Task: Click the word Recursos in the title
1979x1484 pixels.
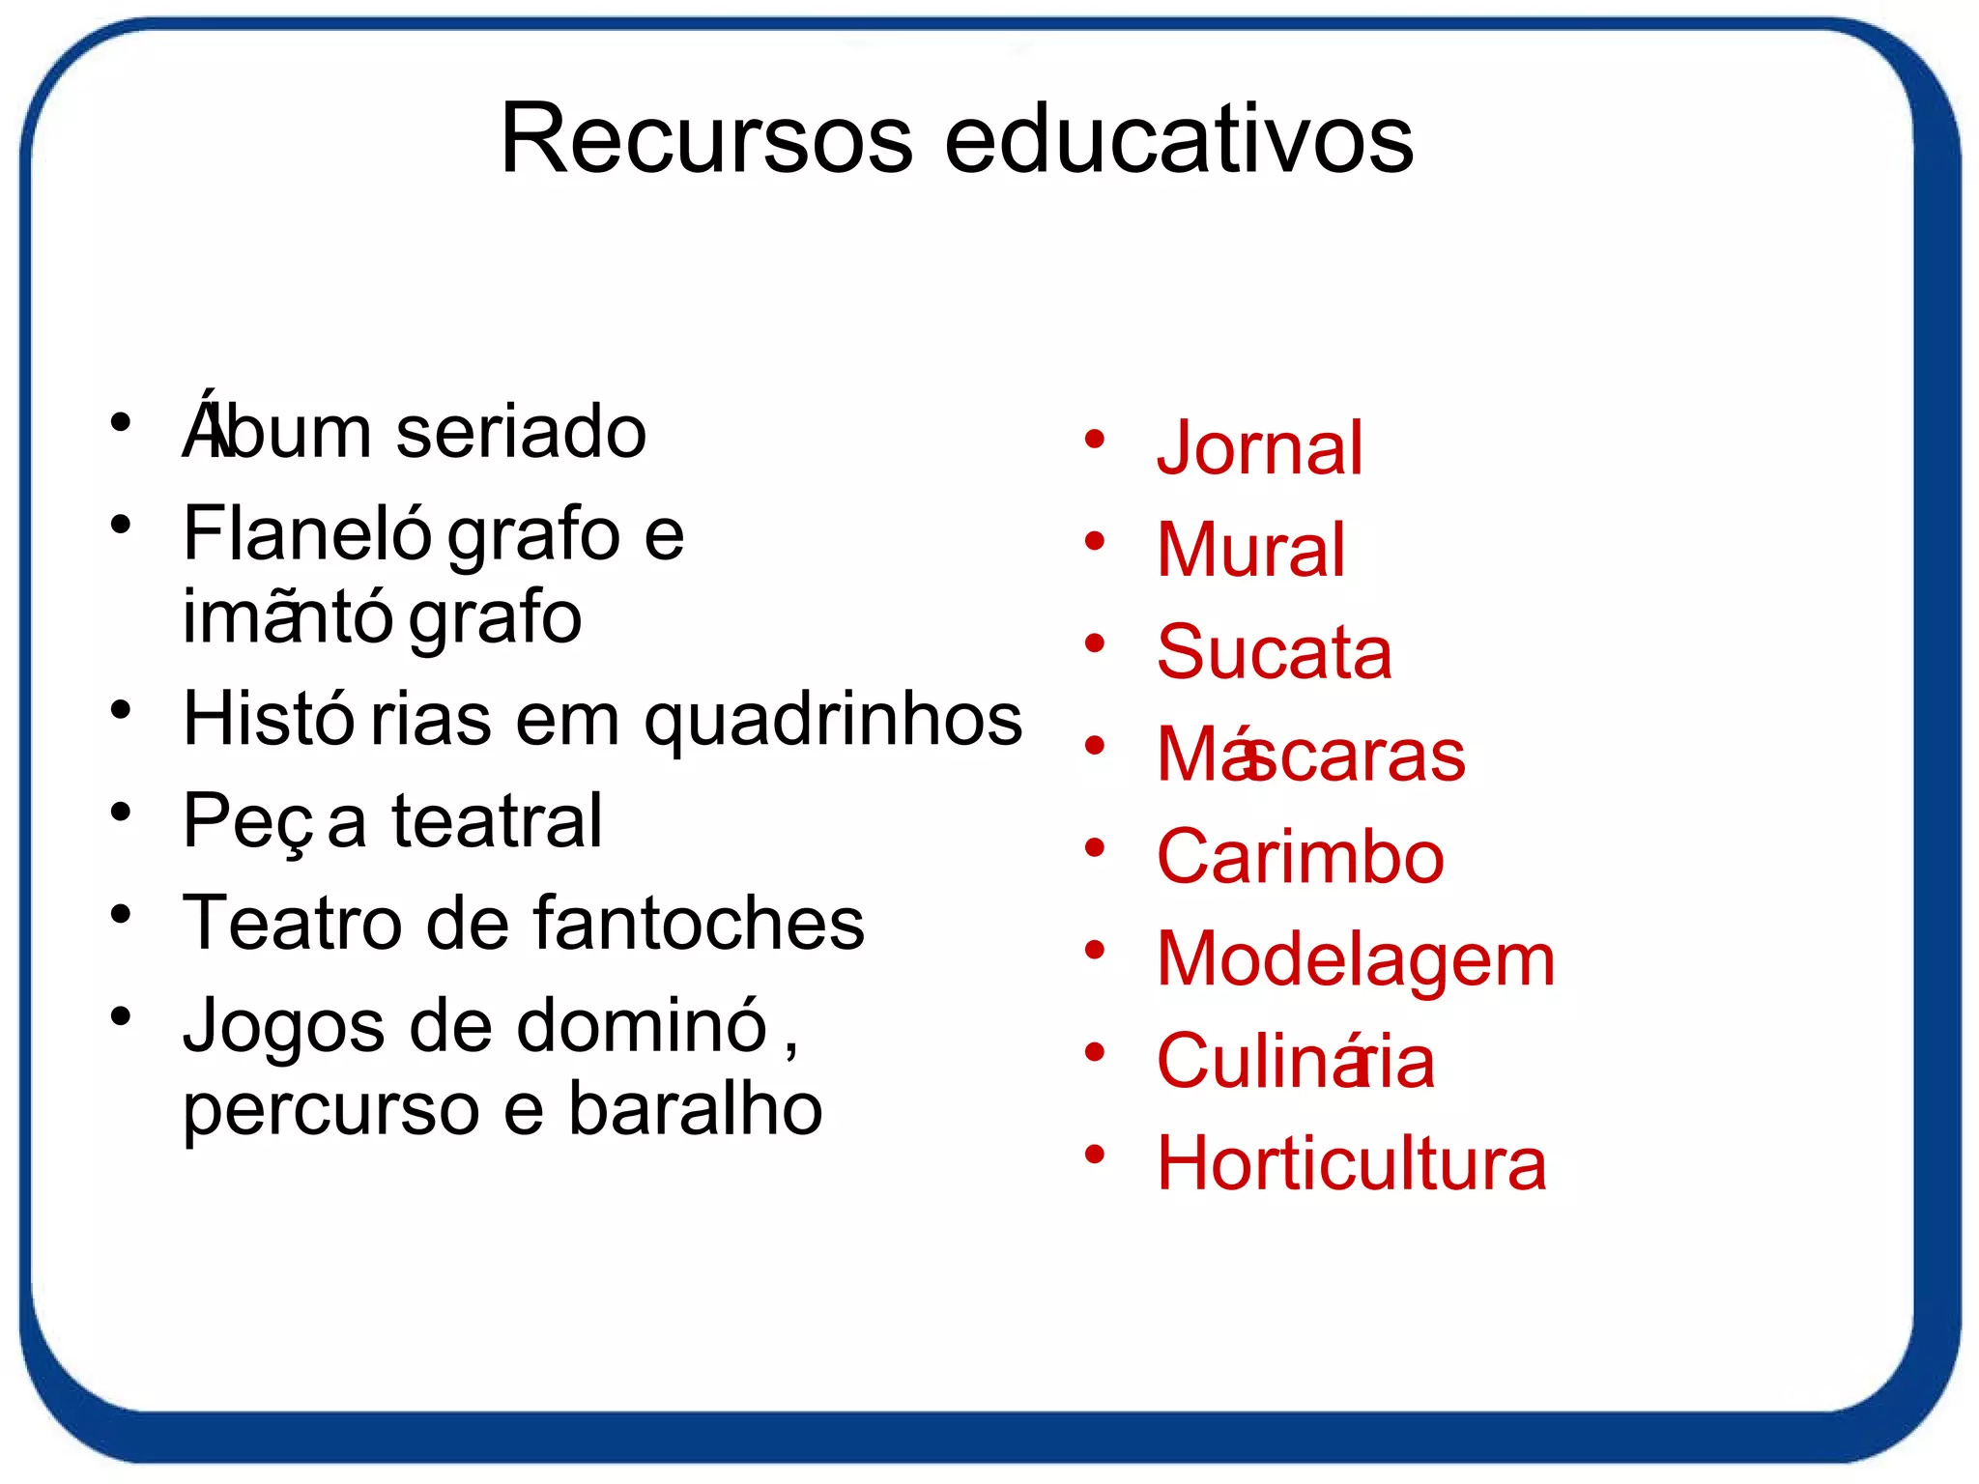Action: coord(705,139)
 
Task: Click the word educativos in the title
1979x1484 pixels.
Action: coord(1178,139)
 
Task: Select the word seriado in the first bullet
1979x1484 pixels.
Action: coord(521,432)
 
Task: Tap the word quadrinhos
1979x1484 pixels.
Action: coord(833,721)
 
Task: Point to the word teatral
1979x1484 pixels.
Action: coord(497,821)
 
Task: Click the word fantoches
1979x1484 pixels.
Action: coord(699,923)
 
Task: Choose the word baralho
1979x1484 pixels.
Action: coord(695,1109)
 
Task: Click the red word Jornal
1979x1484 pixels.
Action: coord(1259,448)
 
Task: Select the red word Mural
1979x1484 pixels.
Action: coord(1250,550)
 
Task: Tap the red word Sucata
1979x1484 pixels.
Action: coord(1274,652)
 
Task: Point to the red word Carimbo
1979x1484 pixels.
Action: coord(1300,857)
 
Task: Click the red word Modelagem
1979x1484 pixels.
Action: coord(1356,960)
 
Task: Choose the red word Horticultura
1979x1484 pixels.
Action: coord(1351,1163)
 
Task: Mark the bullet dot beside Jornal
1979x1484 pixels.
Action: coord(1094,441)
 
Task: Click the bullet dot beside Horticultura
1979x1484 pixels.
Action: coord(1094,1155)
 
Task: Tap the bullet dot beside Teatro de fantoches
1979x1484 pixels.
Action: coord(120,914)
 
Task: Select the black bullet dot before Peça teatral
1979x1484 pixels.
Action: coord(120,813)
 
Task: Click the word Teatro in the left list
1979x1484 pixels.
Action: coord(291,923)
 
